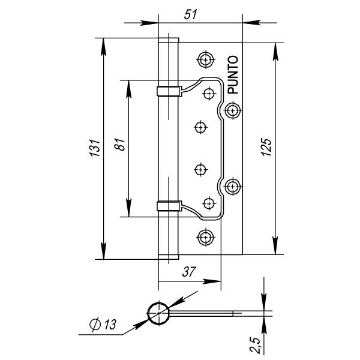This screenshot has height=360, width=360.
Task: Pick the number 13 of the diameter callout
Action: [x=109, y=325]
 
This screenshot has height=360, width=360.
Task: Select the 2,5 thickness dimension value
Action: [x=255, y=344]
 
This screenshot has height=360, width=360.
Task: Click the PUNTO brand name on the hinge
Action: [x=233, y=75]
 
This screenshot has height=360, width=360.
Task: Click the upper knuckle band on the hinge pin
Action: [x=169, y=91]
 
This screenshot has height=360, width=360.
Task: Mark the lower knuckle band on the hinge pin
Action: [x=169, y=206]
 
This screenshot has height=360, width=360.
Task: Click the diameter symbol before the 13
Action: [x=95, y=325]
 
